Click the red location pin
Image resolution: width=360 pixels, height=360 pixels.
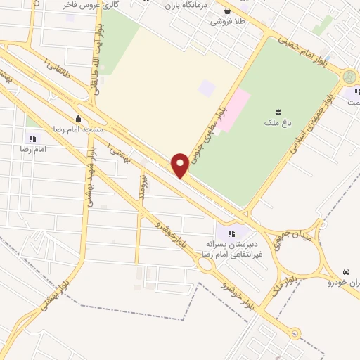(x=180, y=165)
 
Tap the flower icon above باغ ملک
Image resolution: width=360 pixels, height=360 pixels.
(x=281, y=112)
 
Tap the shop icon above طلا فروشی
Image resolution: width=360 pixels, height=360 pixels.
(x=228, y=11)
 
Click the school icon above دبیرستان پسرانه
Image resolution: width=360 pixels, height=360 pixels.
(x=231, y=233)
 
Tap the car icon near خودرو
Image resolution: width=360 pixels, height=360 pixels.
(x=346, y=271)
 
